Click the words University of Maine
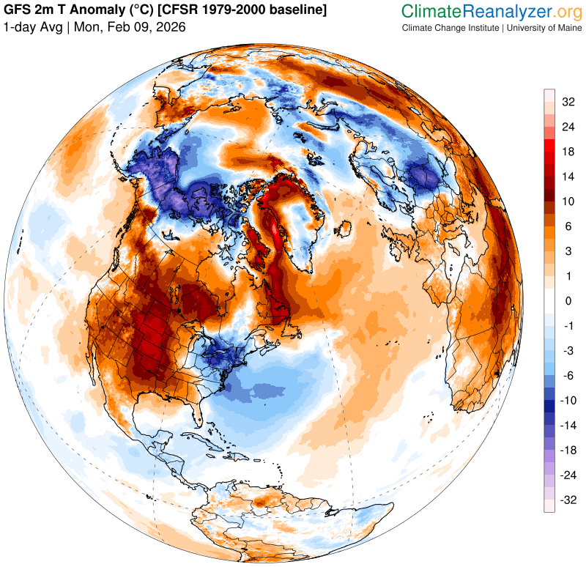click(541, 27)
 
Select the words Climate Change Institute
click(448, 27)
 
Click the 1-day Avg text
click(32, 27)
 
